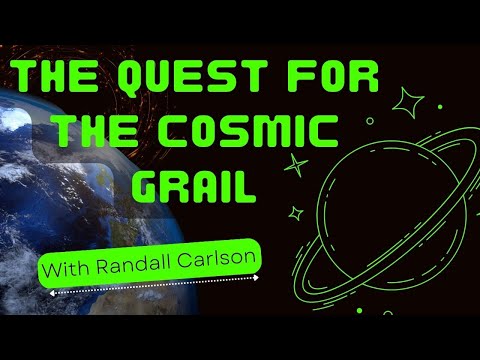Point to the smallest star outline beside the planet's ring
point(296,212)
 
